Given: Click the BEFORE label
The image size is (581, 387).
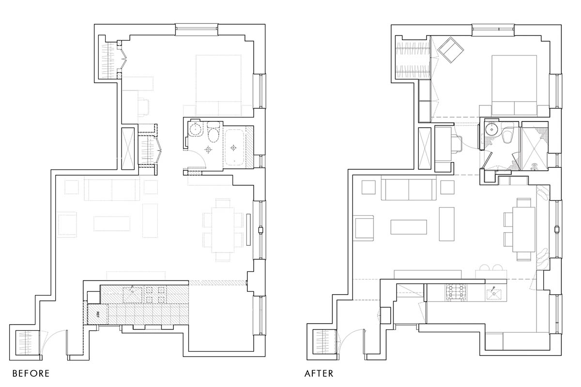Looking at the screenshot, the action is click(31, 373).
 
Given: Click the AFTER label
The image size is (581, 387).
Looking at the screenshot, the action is click(319, 373).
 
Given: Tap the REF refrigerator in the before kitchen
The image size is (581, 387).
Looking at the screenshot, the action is click(98, 314).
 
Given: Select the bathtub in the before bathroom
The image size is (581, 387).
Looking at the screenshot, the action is click(234, 148).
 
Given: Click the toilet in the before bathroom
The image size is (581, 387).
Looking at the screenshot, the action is click(214, 133).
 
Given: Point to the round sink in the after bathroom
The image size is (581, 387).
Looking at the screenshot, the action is click(491, 129).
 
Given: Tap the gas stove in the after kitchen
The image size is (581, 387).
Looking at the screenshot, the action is click(456, 293).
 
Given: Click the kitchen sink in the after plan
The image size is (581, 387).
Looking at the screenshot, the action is click(494, 293).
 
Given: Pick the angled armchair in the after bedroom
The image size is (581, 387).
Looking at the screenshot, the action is click(451, 50).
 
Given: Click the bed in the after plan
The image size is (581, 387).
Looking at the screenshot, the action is click(514, 85).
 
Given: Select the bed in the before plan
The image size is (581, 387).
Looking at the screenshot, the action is click(219, 85).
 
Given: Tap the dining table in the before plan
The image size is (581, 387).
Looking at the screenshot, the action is click(223, 230).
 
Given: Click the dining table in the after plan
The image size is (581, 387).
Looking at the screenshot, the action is click(524, 230).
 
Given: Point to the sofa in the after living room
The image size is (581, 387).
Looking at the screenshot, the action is click(409, 188).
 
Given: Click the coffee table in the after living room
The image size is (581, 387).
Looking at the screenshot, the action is click(409, 227).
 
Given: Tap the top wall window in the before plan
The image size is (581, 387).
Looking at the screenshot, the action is click(197, 30).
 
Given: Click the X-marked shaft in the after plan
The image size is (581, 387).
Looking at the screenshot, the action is click(425, 149).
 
